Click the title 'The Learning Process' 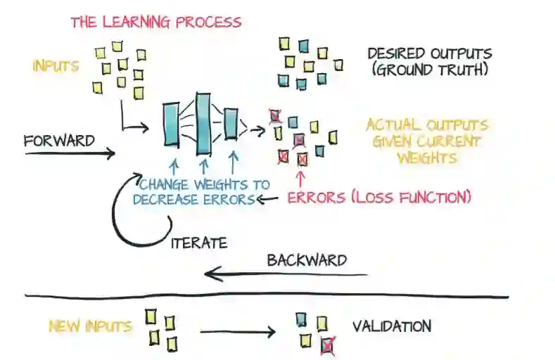155,22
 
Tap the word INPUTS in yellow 55,66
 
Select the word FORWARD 59,141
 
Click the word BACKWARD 306,260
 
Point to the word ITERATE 200,243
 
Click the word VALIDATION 391,326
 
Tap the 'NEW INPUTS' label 89,326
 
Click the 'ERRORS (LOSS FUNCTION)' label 378,198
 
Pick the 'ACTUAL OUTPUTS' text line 426,126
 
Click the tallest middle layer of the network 203,124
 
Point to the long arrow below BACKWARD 288,275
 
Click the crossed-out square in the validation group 326,345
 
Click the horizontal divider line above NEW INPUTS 267,296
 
